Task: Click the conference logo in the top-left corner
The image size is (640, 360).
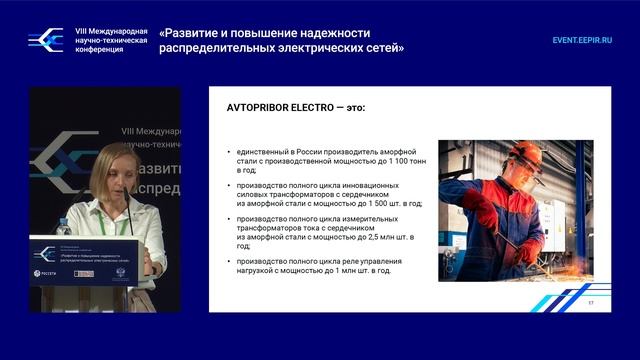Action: [x=45, y=39]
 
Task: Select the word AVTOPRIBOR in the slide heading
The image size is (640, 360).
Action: [x=259, y=106]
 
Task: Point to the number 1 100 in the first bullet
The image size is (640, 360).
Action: [x=392, y=159]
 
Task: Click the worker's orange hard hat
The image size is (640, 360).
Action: [x=520, y=150]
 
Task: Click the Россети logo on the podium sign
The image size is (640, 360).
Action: [x=45, y=273]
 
